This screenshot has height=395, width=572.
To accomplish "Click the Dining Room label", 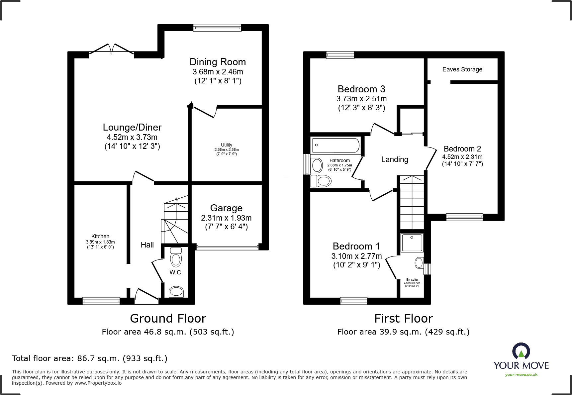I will click(218, 62).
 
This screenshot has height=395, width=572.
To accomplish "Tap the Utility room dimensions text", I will click(227, 152).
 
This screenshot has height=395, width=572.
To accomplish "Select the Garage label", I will click(226, 208).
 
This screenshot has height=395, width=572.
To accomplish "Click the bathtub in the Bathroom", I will click(335, 145).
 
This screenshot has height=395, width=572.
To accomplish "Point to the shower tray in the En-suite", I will click(412, 243).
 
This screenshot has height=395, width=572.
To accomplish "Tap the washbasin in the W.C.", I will click(176, 292).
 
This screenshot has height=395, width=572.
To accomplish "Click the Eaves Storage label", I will click(462, 69).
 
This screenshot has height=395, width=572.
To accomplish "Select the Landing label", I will click(395, 159).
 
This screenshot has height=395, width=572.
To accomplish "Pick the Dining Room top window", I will click(217, 28).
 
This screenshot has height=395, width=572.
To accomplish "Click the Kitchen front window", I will click(101, 301).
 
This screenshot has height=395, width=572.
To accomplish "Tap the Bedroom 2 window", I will click(464, 217).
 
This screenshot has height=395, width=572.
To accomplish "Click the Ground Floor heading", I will click(168, 318).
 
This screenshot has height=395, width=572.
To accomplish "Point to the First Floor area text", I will click(403, 332).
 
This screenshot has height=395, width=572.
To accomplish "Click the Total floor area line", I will click(90, 358).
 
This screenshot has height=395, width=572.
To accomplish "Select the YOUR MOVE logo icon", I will click(521, 351).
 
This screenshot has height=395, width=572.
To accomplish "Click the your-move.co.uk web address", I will click(521, 375).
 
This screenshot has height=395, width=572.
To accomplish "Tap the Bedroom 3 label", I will click(361, 89).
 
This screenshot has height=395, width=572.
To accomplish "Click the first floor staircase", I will click(412, 202).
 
